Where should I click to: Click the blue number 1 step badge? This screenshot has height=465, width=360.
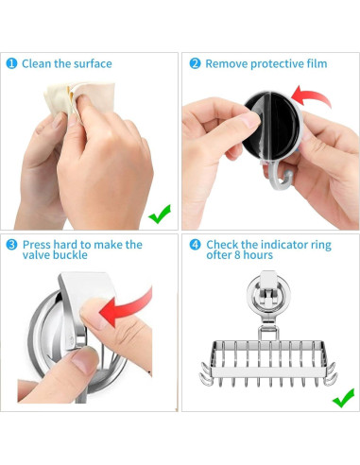11,63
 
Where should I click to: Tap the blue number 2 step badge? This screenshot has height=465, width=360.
195,63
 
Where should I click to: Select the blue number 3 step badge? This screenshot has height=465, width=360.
11,245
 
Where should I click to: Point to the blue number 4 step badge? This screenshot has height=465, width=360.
195,245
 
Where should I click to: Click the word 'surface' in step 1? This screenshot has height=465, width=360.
93,63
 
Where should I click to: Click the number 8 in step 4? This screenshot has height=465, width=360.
237,255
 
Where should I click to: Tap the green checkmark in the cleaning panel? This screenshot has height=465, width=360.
160,214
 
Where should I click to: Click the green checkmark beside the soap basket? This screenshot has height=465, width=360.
343,398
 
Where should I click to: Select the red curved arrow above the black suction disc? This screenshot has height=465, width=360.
312,96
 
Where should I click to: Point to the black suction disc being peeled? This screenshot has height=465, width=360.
271,126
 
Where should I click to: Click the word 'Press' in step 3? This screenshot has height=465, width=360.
37,245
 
